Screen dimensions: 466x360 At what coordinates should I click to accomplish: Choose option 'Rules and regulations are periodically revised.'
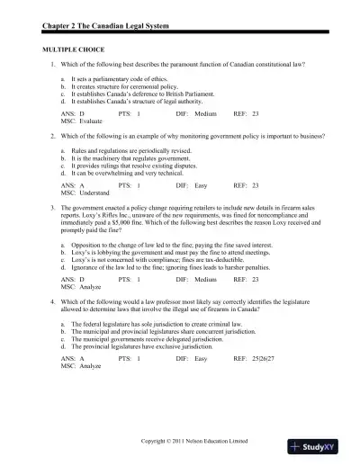(127, 150)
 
